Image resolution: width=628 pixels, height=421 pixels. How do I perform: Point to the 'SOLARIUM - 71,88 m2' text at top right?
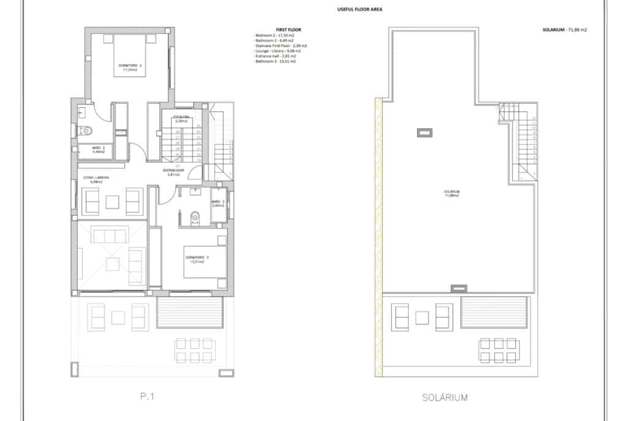coord(564,29)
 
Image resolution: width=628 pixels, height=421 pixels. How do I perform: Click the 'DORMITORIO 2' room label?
coord(130,67)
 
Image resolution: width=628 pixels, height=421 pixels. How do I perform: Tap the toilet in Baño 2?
coord(86,130)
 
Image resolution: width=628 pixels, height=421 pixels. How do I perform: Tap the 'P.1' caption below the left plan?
coord(147,397)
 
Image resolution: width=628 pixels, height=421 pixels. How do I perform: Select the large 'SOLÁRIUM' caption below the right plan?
coord(445,397)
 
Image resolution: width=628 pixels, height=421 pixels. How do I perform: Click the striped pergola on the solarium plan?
coord(494,313)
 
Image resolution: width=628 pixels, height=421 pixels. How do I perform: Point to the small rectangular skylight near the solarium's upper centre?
coord(424,132)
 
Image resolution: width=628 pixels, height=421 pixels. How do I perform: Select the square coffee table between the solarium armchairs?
coord(421,317)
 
